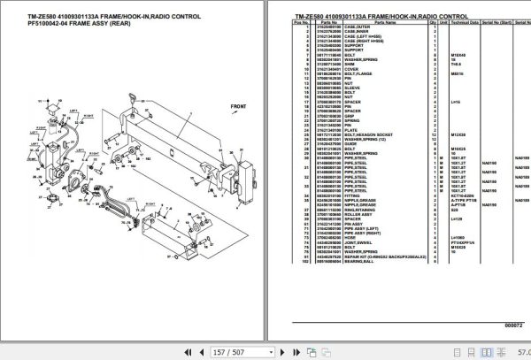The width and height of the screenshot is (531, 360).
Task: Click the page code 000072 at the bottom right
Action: [512, 326]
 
